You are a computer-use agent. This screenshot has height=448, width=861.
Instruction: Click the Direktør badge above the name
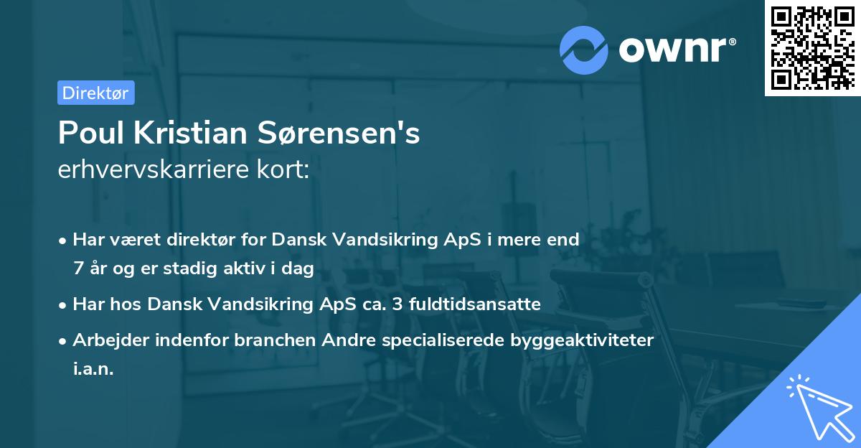click(95, 93)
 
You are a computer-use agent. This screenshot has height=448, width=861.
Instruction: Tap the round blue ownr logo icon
click(584, 50)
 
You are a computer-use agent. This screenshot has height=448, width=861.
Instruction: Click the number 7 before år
click(77, 269)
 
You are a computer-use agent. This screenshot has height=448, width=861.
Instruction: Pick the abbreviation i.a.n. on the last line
click(93, 369)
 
